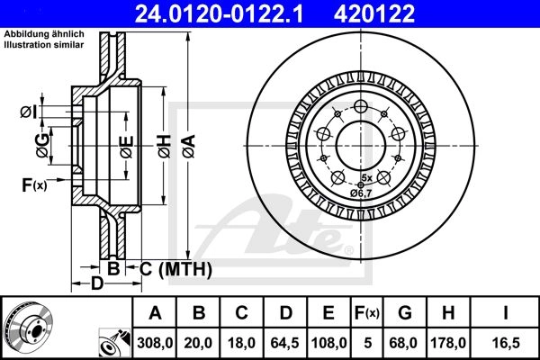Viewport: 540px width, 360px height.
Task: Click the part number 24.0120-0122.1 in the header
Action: pos(219,13)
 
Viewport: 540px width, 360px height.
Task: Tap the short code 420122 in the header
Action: pos(374,13)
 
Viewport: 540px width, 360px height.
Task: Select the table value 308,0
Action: pos(155,343)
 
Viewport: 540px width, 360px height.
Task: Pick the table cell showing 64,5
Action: pos(285,343)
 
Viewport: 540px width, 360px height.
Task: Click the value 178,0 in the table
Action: pos(448,343)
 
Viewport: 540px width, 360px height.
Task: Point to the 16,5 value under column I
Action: pos(506,343)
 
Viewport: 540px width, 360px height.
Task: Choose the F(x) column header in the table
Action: pos(366,313)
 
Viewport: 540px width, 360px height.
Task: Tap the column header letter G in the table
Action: pos(405,313)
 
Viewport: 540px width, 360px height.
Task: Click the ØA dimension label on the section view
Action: pos(189,146)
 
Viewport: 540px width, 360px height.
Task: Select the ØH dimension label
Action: pos(165,146)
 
